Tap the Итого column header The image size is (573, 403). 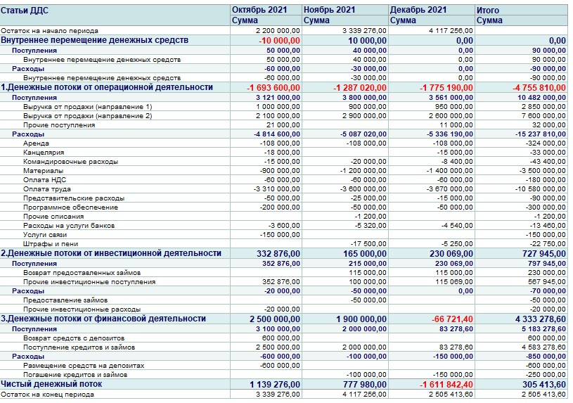488,11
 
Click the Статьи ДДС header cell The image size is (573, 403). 24,11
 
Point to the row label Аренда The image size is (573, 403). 36,143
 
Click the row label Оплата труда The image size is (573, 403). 46,188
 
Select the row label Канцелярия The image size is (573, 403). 44,152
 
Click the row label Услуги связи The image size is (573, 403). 45,234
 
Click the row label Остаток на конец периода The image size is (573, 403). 49,395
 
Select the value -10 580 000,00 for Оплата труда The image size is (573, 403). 540,188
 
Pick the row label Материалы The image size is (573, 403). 43,170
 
